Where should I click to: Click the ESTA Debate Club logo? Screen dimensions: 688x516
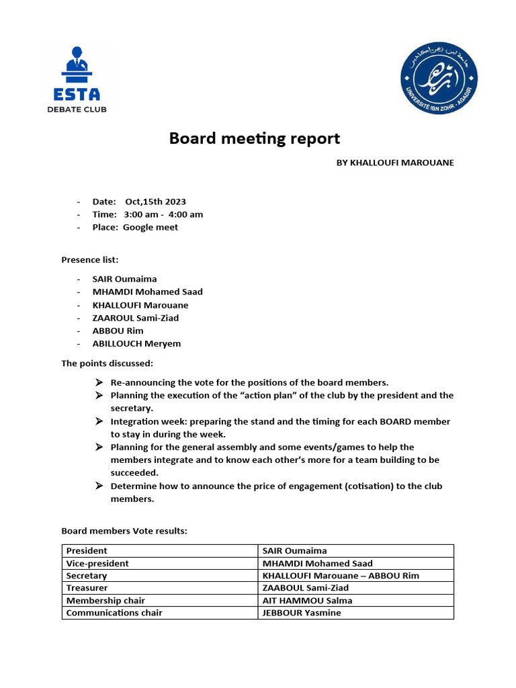coord(81,79)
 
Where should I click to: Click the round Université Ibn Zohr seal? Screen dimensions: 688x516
coord(439,78)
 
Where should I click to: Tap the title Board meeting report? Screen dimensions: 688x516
coord(255,139)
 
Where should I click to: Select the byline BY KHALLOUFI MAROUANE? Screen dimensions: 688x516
coord(395,163)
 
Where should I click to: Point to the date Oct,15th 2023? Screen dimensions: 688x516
coord(155,202)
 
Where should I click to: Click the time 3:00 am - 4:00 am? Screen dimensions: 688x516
coord(163,214)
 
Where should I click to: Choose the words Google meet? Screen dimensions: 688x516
coord(150,227)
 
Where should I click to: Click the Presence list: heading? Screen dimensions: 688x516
coord(90,259)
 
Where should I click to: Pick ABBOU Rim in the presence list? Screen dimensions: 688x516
coord(118,331)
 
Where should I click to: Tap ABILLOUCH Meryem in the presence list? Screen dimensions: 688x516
coord(136,343)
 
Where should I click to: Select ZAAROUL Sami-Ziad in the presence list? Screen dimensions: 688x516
coord(136,318)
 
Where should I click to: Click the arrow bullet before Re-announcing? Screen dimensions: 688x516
coord(99,382)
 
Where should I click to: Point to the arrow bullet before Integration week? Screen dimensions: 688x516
coord(99,421)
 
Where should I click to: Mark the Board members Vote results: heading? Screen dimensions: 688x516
coord(124,531)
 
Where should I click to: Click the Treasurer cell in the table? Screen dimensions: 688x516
coord(87,588)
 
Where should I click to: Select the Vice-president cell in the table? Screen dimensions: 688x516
coord(97,563)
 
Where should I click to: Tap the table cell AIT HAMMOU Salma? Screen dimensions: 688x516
coord(307,601)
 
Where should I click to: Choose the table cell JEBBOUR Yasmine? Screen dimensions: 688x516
coord(302,613)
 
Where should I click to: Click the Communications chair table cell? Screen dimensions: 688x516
coord(114,613)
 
